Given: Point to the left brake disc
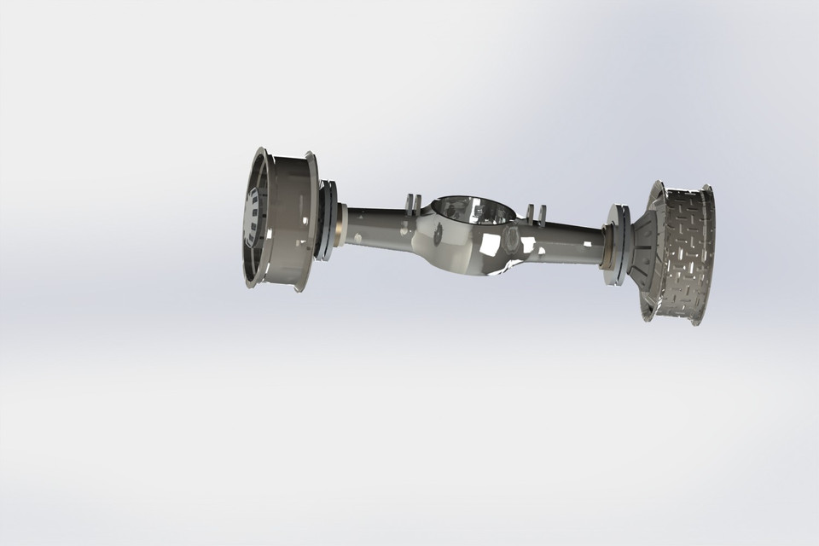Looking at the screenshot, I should [324, 220].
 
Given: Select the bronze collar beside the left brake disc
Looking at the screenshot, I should [341, 224].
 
